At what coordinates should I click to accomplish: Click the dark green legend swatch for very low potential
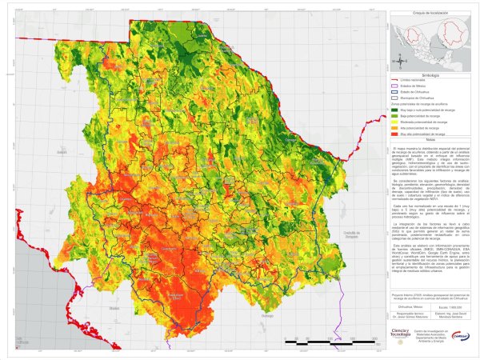pyautogui.click(x=395, y=109)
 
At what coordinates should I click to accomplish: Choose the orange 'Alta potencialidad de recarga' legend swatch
pyautogui.click(x=395, y=127)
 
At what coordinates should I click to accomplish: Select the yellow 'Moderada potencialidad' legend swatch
pyautogui.click(x=395, y=121)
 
